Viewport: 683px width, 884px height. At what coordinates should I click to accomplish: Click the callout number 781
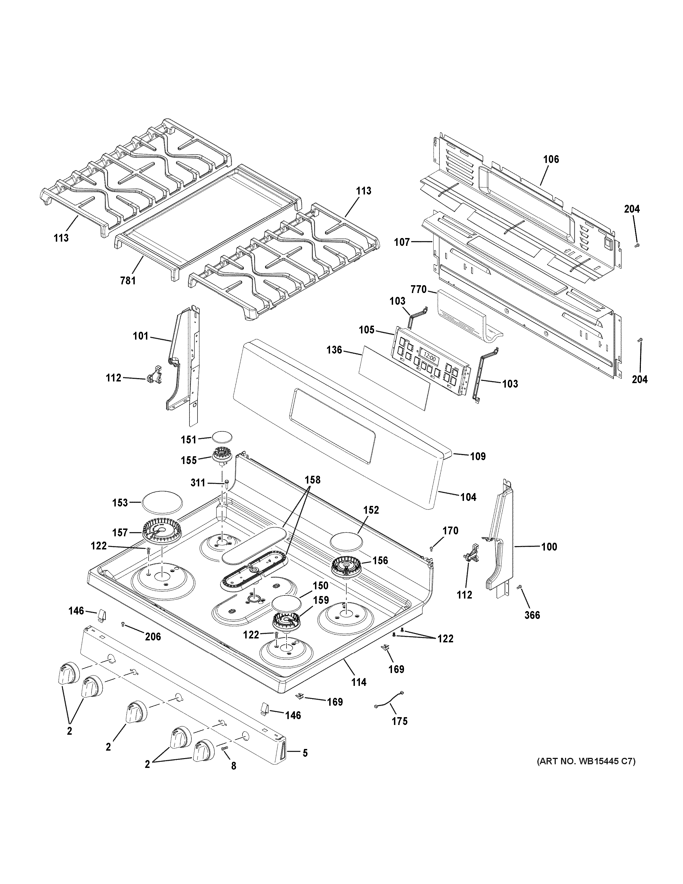click(128, 280)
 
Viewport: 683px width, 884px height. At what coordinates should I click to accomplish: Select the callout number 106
click(551, 160)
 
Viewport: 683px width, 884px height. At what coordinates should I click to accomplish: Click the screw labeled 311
click(227, 482)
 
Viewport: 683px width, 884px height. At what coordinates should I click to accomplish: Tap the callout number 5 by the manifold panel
click(305, 753)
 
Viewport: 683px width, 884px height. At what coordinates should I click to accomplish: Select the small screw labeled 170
click(432, 548)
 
